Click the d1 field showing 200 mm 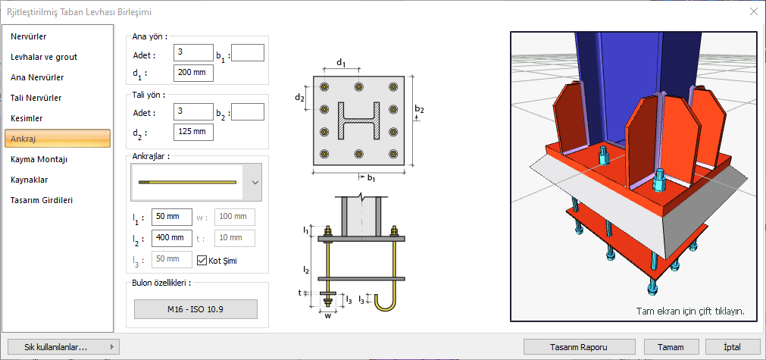(193, 74)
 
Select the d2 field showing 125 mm (193, 132)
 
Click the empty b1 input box (247, 53)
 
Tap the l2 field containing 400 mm (172, 238)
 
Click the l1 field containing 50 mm (172, 217)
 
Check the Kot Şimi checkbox (202, 261)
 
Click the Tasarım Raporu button (580, 346)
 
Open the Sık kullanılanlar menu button (61, 346)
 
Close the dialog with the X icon (752, 11)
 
